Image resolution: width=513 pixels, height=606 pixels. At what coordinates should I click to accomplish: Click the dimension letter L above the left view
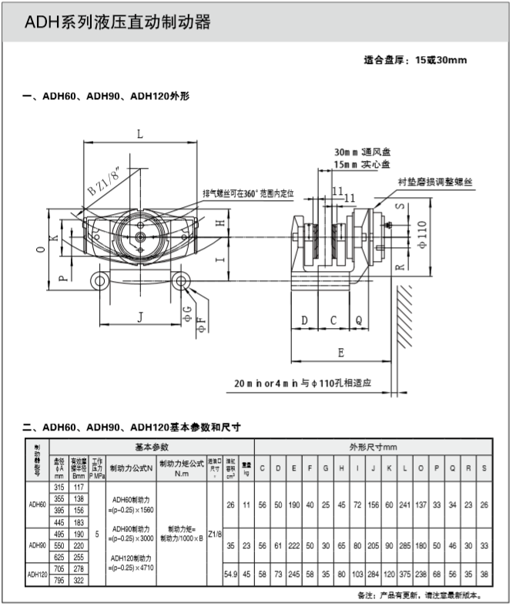pyautogui.click(x=139, y=134)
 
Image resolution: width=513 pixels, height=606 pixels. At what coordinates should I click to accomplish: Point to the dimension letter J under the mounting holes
pyautogui.click(x=139, y=315)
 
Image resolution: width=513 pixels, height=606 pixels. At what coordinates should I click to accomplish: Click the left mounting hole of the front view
pyautogui.click(x=99, y=281)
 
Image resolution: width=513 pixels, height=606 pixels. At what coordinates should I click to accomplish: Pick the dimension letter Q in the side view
pyautogui.click(x=358, y=319)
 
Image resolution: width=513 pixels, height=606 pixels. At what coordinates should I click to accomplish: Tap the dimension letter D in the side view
pyautogui.click(x=304, y=319)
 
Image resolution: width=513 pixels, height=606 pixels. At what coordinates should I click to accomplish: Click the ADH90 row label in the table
pyautogui.click(x=37, y=544)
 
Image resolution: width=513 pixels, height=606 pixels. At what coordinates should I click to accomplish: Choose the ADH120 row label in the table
pyautogui.click(x=37, y=574)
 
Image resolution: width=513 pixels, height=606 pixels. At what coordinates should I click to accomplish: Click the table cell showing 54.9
pyautogui.click(x=230, y=574)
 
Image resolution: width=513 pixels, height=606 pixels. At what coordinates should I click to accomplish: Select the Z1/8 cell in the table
pyautogui.click(x=214, y=533)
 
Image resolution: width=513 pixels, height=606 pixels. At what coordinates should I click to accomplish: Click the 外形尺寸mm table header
pyautogui.click(x=373, y=447)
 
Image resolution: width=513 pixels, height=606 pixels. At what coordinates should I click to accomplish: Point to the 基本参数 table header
pyautogui.click(x=152, y=447)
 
